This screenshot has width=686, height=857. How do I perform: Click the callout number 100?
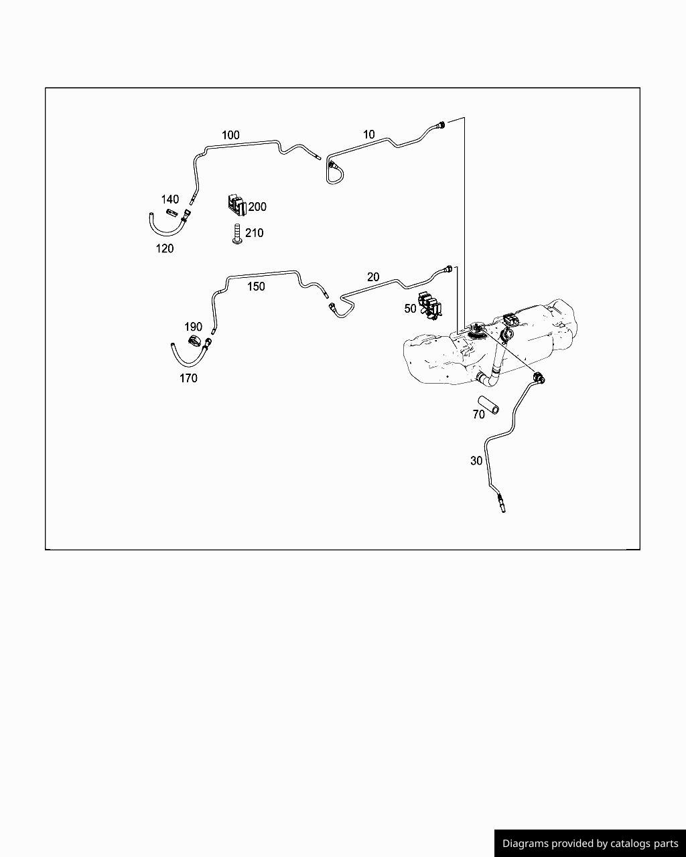click(230, 135)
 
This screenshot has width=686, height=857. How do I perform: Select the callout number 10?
click(368, 135)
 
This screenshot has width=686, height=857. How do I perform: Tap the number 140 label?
click(169, 199)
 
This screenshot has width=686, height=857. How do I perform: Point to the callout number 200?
click(257, 207)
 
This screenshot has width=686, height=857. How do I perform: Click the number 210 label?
click(254, 232)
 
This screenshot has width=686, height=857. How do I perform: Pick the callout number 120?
click(165, 248)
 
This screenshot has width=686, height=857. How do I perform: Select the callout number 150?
click(256, 287)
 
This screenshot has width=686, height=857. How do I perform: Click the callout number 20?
click(373, 277)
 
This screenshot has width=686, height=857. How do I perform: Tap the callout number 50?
click(410, 308)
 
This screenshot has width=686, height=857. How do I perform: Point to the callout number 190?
click(194, 327)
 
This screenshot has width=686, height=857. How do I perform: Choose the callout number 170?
click(188, 378)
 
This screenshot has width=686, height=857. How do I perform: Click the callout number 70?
click(479, 414)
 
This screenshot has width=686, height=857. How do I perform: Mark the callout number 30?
click(476, 461)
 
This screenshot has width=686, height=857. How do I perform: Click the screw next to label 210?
click(237, 234)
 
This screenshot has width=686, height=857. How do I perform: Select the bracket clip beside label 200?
click(237, 205)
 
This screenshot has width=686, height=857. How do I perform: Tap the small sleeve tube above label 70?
click(488, 406)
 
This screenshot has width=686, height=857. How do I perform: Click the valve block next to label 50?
click(429, 306)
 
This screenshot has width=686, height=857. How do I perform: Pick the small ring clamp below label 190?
click(195, 341)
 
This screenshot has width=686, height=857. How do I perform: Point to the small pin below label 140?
click(171, 213)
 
